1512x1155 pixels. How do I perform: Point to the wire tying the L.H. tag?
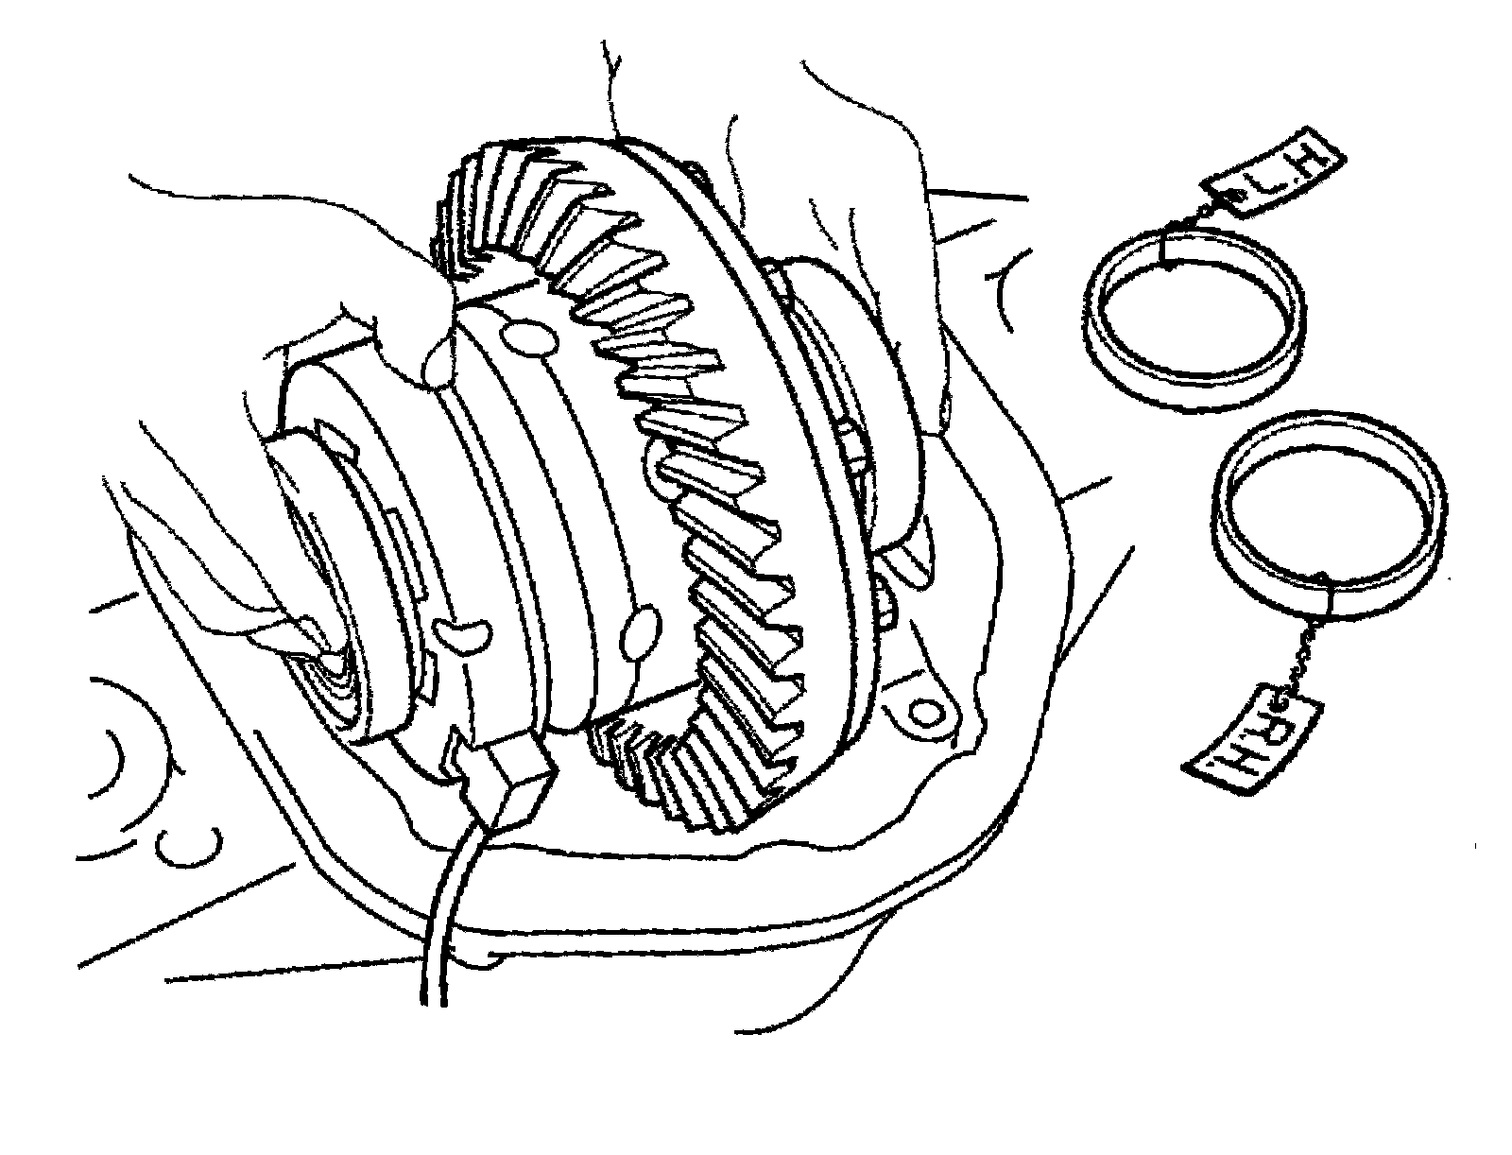point(1193,215)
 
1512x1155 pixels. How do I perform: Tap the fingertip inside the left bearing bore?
point(312,643)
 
